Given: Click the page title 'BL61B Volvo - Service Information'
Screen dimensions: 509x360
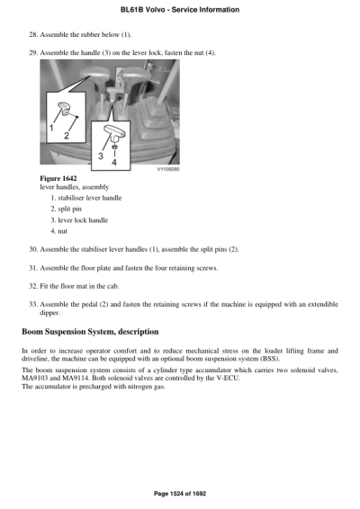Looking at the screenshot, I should pyautogui.click(x=179, y=9).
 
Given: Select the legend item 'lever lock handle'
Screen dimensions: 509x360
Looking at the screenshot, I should pyautogui.click(x=85, y=219).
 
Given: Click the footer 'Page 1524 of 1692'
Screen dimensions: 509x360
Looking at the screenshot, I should pyautogui.click(x=179, y=494).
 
